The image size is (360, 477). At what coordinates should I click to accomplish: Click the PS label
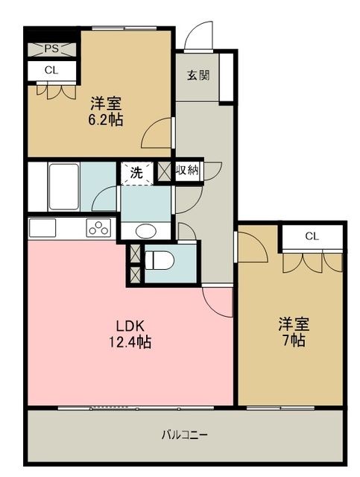[51, 50]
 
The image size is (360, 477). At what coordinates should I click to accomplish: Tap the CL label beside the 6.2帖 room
[51, 71]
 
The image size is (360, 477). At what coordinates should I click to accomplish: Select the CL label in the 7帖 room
[312, 236]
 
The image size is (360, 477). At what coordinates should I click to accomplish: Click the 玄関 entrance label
[198, 75]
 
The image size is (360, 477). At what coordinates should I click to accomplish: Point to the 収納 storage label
[187, 171]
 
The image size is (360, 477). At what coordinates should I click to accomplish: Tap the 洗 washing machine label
[136, 171]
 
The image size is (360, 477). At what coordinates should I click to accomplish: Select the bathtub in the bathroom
[63, 187]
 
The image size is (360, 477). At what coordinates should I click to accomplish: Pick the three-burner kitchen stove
[98, 227]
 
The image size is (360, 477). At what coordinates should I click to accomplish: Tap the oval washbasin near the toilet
[145, 230]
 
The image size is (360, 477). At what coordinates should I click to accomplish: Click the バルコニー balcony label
[185, 435]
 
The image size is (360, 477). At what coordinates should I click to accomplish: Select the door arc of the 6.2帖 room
[159, 133]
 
